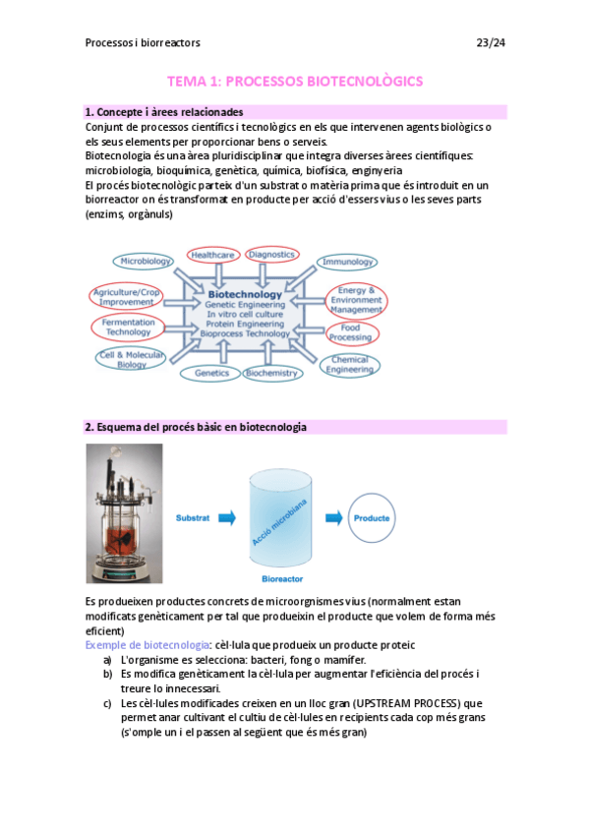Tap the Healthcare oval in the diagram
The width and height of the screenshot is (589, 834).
212,255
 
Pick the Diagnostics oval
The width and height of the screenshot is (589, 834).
271,255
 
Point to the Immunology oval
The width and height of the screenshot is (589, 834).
346,262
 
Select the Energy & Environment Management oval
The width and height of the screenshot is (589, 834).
355,300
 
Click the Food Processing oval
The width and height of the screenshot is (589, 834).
350,332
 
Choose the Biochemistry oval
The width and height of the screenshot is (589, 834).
271,374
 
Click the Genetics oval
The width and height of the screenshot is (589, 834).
211,374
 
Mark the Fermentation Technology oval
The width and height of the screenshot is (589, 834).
122,328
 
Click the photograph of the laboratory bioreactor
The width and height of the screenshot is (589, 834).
124,514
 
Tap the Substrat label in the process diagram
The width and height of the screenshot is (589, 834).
192,516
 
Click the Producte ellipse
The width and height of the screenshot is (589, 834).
371,516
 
